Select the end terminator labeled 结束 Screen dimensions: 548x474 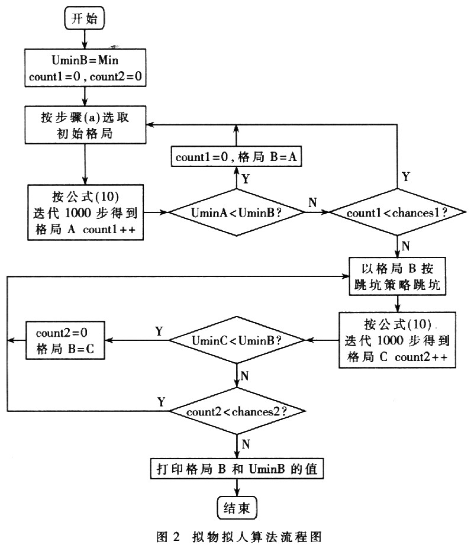click(x=237, y=507)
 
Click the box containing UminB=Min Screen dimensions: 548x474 click(x=85, y=68)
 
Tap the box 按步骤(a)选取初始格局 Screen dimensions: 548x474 click(x=85, y=125)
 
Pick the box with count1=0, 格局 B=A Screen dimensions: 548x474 click(x=237, y=157)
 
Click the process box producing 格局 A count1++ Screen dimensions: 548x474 click(x=85, y=211)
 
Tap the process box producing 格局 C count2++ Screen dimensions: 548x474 click(x=397, y=340)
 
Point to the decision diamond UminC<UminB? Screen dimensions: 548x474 click(x=237, y=340)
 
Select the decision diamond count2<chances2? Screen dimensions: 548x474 click(x=237, y=411)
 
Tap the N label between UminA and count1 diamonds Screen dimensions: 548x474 click(x=312, y=202)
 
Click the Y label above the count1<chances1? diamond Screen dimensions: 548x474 click(x=406, y=176)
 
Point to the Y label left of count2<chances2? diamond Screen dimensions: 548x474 click(x=160, y=402)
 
